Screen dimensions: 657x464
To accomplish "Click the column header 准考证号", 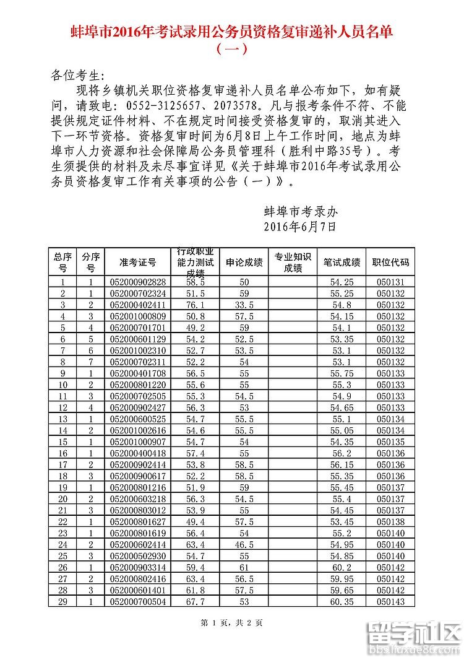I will pyautogui.click(x=137, y=262).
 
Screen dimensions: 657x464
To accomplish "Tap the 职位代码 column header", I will pyautogui.click(x=390, y=262).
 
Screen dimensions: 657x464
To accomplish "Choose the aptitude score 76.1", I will pyautogui.click(x=195, y=305).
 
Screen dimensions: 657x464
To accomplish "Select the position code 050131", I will pyautogui.click(x=390, y=282).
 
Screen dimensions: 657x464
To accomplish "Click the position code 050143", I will pyautogui.click(x=390, y=601).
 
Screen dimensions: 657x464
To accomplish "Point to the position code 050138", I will pyautogui.click(x=390, y=521).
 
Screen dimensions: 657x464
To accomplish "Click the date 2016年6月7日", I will pyautogui.click(x=299, y=227).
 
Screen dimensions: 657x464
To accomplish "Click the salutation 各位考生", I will pyautogui.click(x=75, y=76).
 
